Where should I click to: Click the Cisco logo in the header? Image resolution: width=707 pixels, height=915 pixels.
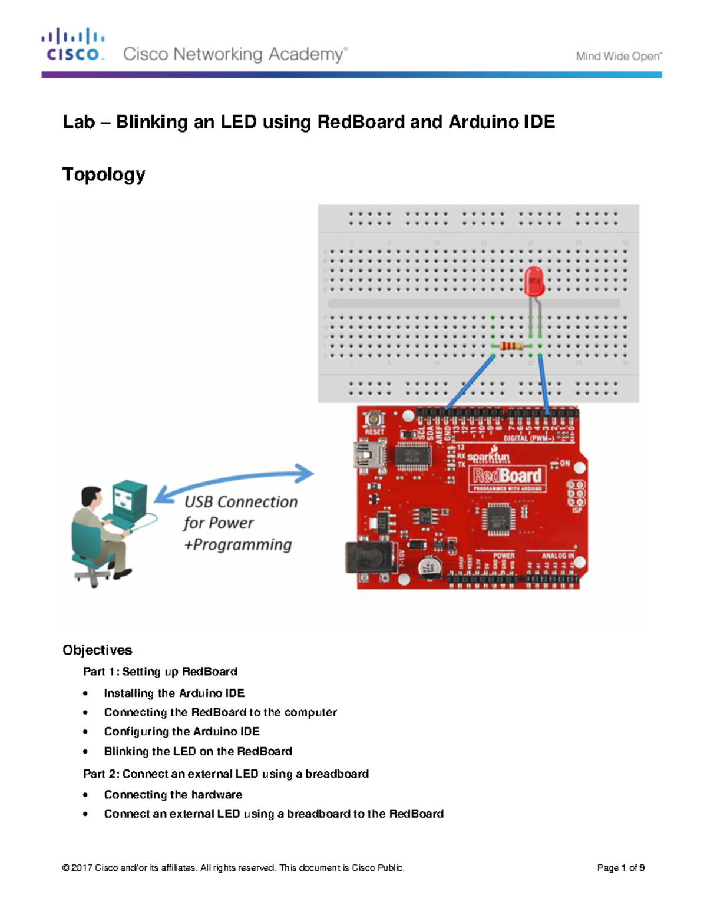point(73,45)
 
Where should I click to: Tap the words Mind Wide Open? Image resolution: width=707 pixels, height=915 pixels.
point(618,57)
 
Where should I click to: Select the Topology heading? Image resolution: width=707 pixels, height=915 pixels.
point(104,174)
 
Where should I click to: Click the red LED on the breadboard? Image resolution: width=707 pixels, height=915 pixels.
point(534,281)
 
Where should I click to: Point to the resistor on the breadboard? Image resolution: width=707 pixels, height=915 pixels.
point(511,346)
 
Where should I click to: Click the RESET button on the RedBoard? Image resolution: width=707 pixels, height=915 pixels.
point(374,419)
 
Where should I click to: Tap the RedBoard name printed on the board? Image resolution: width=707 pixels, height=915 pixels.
point(507,475)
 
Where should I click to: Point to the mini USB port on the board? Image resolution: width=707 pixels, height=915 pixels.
point(365,455)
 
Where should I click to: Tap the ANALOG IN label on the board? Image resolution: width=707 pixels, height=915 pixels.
point(557,555)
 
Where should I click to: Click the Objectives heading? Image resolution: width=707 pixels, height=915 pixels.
point(97,650)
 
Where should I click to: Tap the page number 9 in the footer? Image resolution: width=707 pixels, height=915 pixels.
point(642,867)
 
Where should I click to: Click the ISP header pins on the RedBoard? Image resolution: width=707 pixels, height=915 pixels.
point(576,493)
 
